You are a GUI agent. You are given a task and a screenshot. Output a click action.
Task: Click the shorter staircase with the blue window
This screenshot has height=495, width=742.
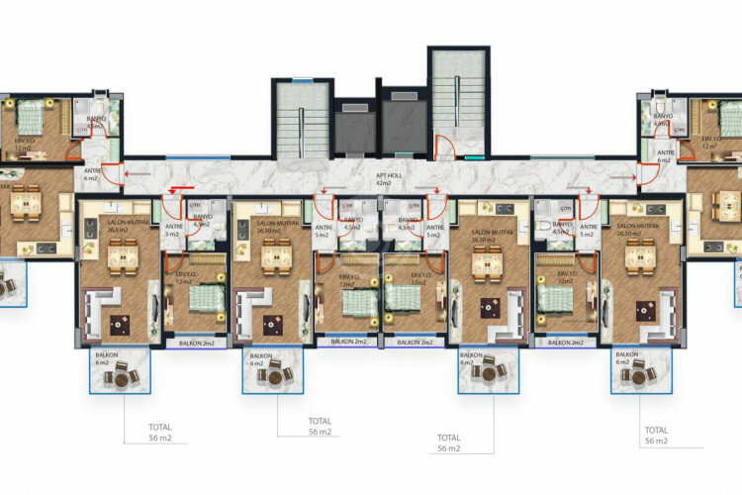tap(302, 119)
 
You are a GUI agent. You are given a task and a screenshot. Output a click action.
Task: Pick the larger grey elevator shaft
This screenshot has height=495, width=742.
tap(403, 123)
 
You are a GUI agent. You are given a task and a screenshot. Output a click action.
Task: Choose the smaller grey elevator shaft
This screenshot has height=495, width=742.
tap(353, 130)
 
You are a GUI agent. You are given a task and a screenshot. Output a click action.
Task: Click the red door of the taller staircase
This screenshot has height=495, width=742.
tap(446, 149)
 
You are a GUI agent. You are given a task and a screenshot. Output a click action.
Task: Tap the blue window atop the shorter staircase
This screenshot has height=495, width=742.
tap(302, 83)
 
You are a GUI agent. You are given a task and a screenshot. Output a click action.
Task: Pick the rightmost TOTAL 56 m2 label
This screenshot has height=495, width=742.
tap(656, 436)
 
